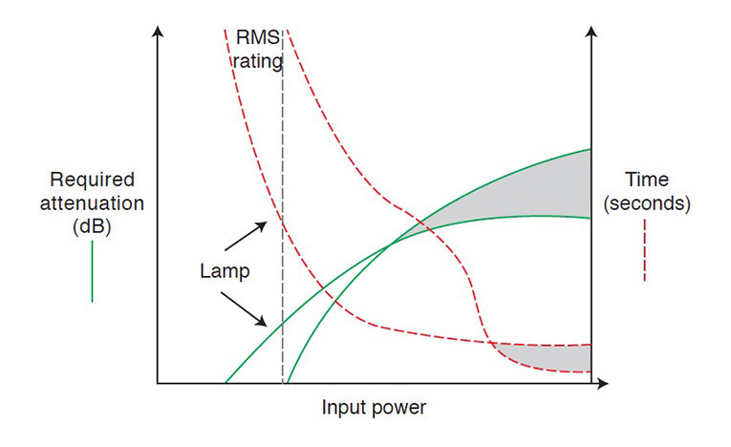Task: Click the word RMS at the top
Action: point(258,37)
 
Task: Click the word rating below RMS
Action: point(258,61)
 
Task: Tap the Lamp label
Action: point(225,271)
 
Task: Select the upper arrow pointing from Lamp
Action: point(246,236)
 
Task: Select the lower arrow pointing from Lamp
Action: point(244,309)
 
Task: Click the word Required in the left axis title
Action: point(93,180)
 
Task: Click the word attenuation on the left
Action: point(92,203)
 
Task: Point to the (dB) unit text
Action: point(92,226)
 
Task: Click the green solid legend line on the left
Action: point(93,271)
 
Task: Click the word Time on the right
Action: point(647,180)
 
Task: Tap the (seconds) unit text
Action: point(647,203)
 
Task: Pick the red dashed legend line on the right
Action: point(645,250)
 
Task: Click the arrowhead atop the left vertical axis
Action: point(158,32)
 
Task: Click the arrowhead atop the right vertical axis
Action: point(591,32)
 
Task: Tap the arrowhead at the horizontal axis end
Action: point(603,384)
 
